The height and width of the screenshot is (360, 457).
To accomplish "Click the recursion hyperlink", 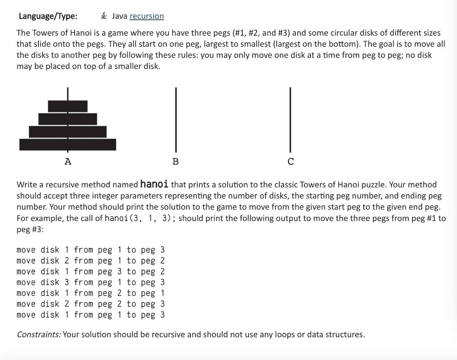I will [146, 16].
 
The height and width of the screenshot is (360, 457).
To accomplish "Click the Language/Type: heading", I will [48, 16].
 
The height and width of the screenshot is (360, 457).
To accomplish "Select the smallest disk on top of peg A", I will [68, 106].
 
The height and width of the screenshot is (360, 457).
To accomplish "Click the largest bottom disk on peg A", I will [68, 145].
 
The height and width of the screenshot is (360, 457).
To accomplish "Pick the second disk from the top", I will [68, 119].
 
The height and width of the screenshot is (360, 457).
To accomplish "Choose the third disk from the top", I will [68, 132].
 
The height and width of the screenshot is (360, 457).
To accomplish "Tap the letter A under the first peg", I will [68, 161].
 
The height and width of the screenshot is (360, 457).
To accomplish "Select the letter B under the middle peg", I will [175, 161].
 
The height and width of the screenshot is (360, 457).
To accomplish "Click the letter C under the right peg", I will [291, 161].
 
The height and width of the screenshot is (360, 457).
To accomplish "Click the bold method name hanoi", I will [154, 184].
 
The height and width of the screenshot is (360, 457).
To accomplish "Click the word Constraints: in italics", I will [39, 334].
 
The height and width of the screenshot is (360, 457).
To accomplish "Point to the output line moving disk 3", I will [91, 282].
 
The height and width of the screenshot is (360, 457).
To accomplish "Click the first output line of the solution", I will [91, 250].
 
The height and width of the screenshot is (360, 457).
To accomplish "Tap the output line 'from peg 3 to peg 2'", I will [91, 272].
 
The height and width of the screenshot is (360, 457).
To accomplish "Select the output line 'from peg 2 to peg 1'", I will [91, 293].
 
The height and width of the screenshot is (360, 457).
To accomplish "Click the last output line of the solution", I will [91, 315].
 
